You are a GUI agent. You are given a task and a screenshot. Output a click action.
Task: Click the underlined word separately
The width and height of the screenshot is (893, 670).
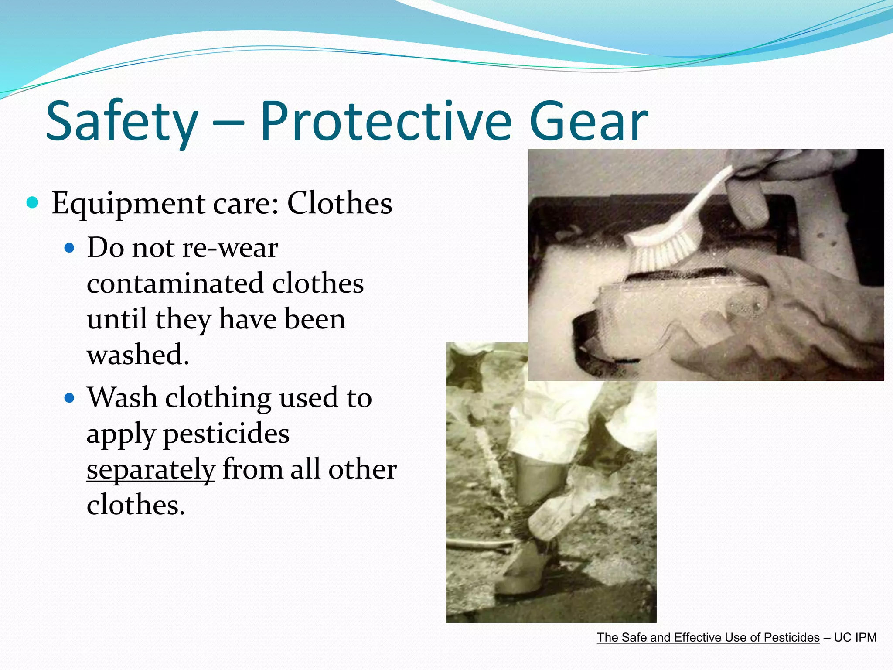[x=151, y=470]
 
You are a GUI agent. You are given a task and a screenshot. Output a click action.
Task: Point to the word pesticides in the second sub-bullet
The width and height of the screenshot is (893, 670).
[x=226, y=434]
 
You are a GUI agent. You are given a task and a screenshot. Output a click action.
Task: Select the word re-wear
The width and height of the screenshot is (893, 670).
[x=230, y=248]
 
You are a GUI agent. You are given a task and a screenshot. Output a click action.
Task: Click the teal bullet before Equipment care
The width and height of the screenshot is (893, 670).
[x=33, y=202]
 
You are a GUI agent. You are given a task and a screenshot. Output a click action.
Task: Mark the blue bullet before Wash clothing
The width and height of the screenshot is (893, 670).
[x=69, y=398]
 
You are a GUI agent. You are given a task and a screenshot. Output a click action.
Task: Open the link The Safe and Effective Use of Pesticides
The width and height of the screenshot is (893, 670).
[x=708, y=637]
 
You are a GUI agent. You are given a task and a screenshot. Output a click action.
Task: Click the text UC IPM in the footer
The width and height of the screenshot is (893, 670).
[x=855, y=637]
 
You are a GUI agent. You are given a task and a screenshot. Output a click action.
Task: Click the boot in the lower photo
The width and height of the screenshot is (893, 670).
[x=523, y=567]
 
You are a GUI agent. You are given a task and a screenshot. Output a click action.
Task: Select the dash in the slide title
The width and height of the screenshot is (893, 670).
[x=228, y=124]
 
